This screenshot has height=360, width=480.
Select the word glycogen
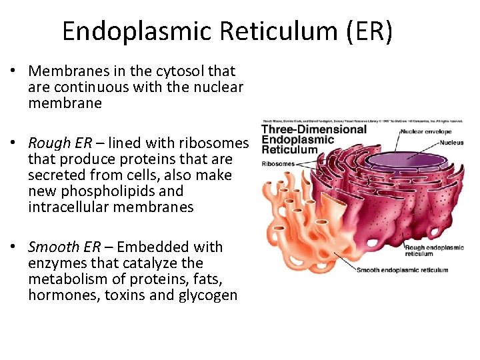point(207,295)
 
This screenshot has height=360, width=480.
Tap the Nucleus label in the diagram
point(452,143)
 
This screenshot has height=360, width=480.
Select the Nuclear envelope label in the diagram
point(427,131)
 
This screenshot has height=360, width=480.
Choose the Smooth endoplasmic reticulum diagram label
point(402,270)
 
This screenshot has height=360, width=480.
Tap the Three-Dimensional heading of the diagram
point(314,129)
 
